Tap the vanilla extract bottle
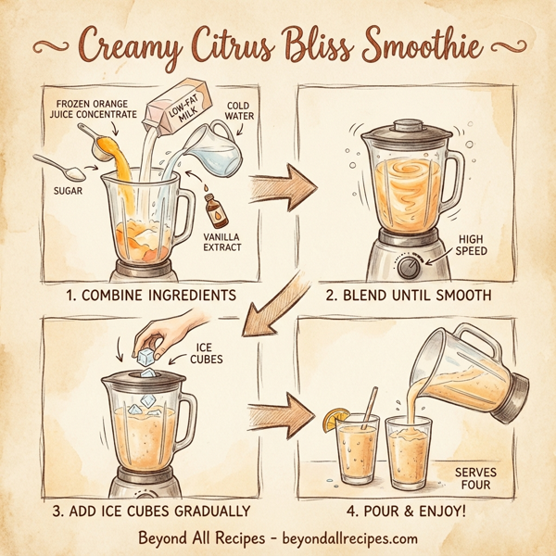coord(219,208)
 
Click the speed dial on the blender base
coord(409,269)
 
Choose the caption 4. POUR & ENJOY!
coord(404,510)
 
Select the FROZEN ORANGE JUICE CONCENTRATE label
coord(95,108)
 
